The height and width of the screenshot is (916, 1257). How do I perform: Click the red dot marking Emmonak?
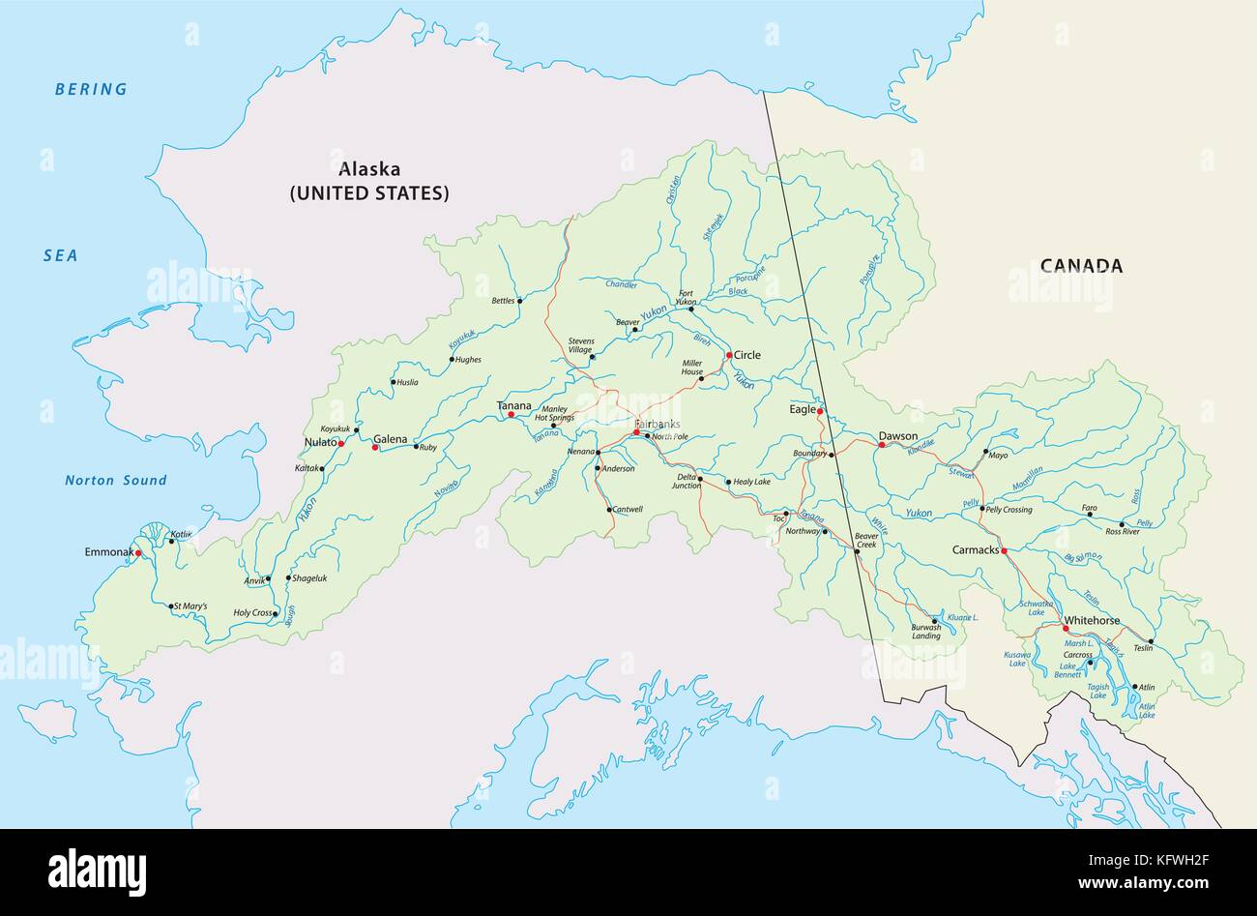pos(138,553)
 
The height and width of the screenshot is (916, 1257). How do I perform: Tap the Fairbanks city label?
pos(658,425)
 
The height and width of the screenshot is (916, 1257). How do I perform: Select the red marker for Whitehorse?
pos(1066,629)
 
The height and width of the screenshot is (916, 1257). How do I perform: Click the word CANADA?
pos(1081,266)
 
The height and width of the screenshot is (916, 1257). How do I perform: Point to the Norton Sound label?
pos(116,480)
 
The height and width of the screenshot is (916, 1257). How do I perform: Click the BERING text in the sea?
pos(91,89)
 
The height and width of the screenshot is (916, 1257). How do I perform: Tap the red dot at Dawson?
pos(881,446)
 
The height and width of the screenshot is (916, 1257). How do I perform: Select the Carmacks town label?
pos(975,549)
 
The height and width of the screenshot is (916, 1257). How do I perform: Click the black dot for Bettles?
pos(520,301)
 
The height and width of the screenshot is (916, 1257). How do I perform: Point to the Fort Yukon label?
pos(686,298)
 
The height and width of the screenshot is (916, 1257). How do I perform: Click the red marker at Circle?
pos(729,355)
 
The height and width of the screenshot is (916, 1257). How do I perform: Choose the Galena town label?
pos(391,439)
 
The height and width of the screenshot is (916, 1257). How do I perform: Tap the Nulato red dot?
pos(341,443)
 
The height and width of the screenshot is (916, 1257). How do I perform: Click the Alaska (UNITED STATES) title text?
pos(369,181)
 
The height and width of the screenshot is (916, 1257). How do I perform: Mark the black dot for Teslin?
pos(1151,641)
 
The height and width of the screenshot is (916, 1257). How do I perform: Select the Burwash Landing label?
pos(925,632)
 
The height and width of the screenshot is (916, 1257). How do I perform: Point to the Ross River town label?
pos(1123,532)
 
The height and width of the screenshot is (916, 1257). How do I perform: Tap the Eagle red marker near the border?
pos(820,412)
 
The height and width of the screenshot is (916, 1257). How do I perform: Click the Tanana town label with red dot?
pos(514,405)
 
